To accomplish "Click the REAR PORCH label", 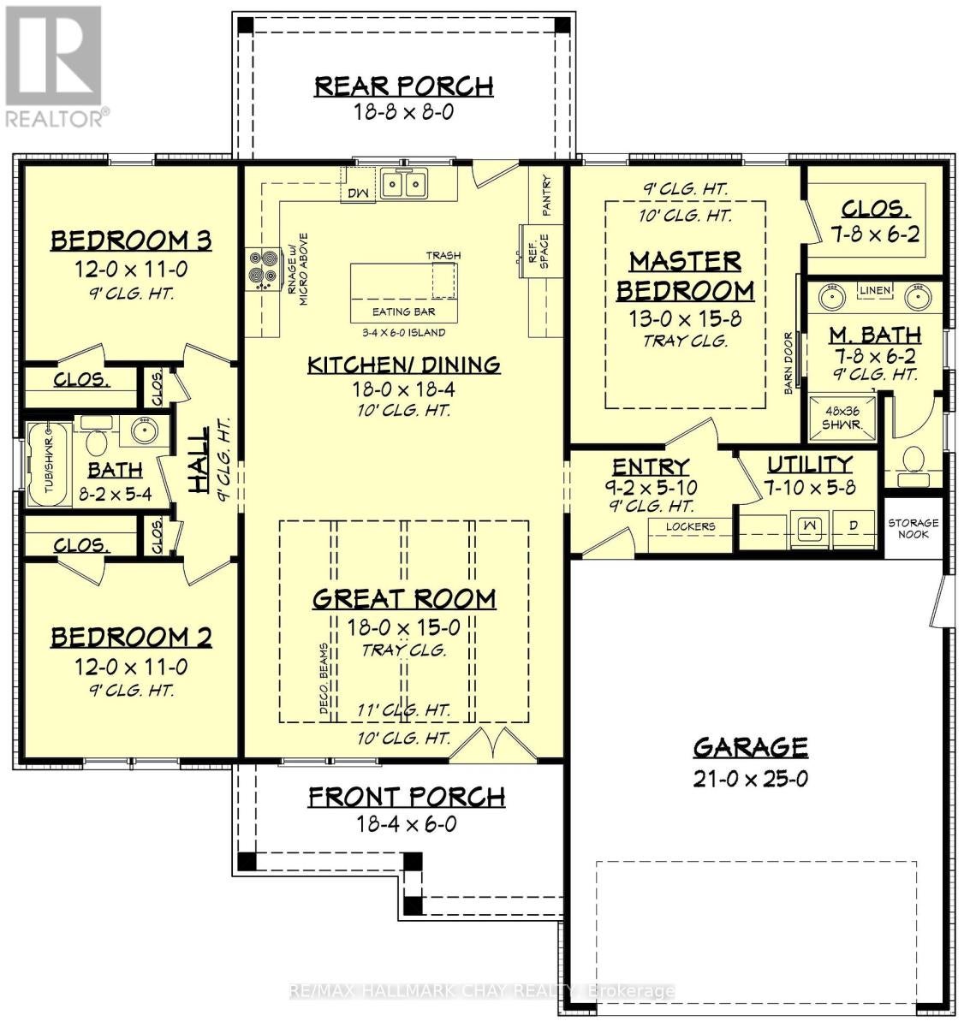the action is coord(403,86).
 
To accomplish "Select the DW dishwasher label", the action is coord(358,193).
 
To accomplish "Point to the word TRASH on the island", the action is coord(443,255).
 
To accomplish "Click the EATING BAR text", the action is coord(403,312).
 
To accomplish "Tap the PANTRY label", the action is coord(547,195).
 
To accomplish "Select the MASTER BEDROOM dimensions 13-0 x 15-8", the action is coord(685,318).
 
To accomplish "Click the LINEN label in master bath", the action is coord(875,291).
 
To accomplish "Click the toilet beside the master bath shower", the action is coord(913,460).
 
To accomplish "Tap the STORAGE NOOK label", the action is coord(913,529).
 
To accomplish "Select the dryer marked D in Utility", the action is coord(854,529).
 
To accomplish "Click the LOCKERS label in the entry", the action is coord(690,526).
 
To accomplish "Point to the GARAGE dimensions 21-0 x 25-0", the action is coord(750,778).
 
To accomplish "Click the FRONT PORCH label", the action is coord(407,797).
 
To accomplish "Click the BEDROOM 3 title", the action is coord(131,241).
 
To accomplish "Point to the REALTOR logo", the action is coord(54,66).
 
